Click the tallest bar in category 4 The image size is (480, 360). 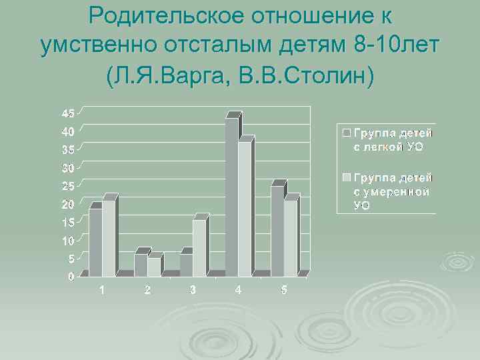231,197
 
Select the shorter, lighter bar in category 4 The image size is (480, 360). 245,209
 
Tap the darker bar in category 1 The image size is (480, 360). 95,242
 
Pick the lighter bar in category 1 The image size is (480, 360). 109,238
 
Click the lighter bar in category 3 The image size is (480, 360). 199,247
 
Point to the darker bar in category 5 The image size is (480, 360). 277,231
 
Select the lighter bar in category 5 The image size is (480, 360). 290,238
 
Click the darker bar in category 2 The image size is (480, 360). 141,264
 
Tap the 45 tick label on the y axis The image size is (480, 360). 69,112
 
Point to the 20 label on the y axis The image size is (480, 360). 69,203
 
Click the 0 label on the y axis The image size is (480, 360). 71,276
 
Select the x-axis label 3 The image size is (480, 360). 193,290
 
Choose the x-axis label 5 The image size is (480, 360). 283,290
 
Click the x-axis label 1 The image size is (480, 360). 102,290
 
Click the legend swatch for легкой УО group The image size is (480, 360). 347,132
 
